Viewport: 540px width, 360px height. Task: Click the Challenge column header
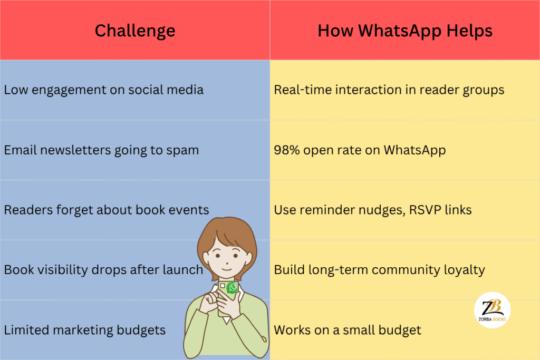coord(135,31)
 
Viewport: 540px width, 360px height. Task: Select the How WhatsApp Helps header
coord(405,31)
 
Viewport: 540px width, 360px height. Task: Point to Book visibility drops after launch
coord(103,270)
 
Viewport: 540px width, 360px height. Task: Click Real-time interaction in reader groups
coord(389,90)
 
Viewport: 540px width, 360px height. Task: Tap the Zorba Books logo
coord(492,310)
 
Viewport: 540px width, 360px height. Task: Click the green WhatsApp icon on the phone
coord(232,287)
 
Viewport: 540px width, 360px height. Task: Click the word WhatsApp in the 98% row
coord(414,150)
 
